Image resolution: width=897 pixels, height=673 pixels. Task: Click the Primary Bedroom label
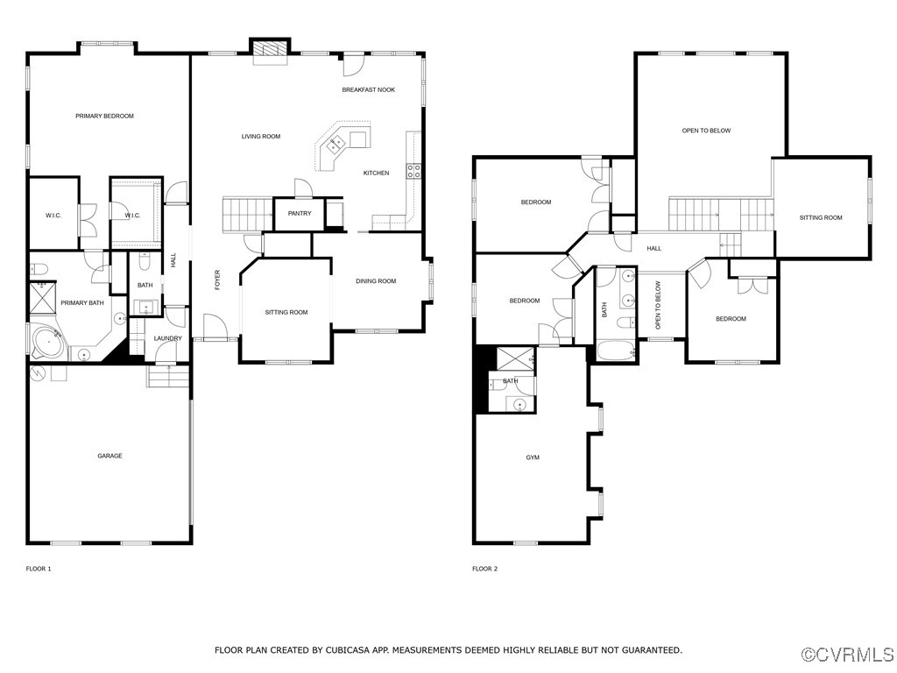tap(104, 116)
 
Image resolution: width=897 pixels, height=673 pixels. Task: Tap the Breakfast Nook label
tap(368, 89)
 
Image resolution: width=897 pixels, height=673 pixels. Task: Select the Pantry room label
tap(299, 213)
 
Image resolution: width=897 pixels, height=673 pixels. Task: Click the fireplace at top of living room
tap(270, 52)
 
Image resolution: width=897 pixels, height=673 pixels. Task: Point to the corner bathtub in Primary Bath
tap(47, 341)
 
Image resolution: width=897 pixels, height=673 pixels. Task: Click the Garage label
tap(109, 456)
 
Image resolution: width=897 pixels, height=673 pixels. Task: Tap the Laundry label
tap(167, 338)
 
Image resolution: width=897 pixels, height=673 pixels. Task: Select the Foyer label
tap(217, 280)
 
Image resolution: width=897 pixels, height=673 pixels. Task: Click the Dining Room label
tap(376, 281)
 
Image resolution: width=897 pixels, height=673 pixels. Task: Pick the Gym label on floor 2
tap(533, 457)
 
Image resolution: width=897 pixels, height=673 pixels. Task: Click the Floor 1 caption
tap(39, 569)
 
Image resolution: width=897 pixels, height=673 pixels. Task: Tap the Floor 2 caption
tap(484, 569)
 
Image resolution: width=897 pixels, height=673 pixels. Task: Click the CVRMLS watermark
tap(848, 655)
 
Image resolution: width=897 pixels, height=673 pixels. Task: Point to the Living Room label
tap(261, 136)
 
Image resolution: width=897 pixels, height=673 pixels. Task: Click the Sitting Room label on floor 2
tap(821, 217)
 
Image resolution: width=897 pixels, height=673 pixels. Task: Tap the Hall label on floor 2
tap(653, 248)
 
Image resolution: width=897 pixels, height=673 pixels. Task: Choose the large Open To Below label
tap(706, 131)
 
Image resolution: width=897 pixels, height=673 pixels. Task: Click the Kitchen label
tap(376, 173)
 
